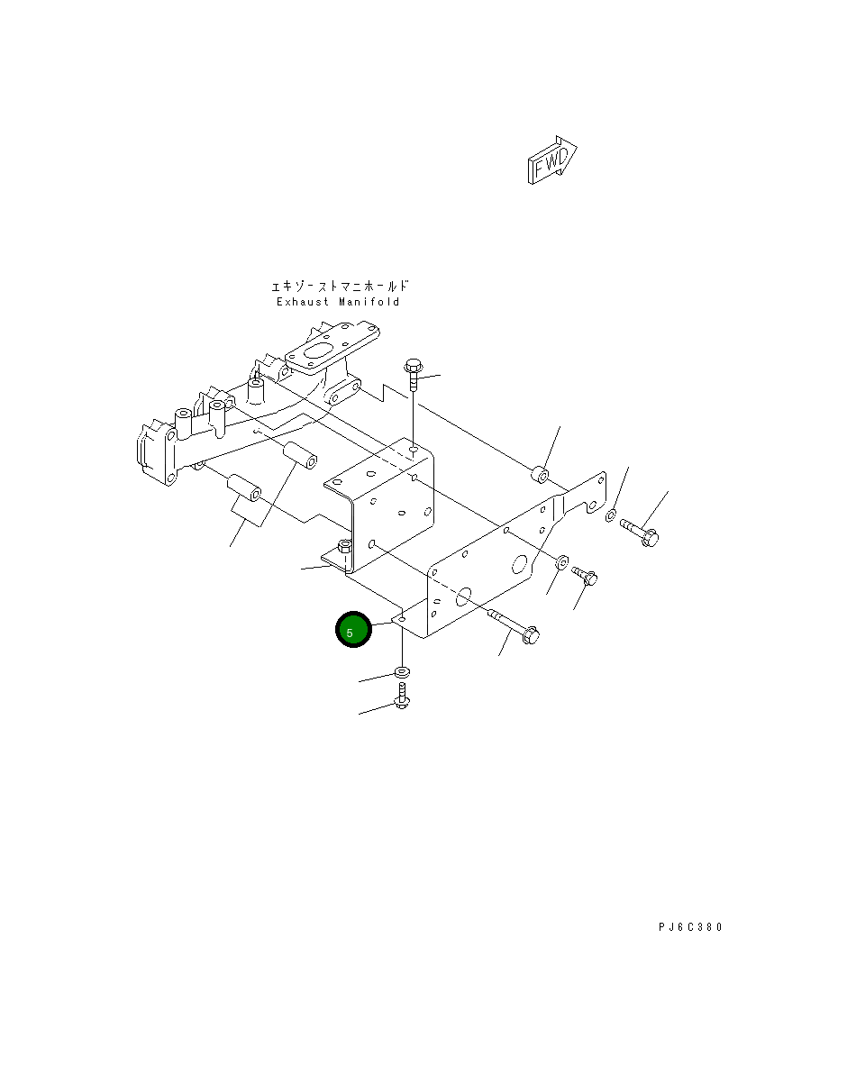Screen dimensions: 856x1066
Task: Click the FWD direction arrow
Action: coord(552,160)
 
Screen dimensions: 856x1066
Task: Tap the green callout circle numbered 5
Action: coord(353,630)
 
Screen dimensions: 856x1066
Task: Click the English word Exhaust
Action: coord(303,302)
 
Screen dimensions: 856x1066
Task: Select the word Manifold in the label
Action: coord(369,302)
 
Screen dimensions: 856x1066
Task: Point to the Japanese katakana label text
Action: coord(340,286)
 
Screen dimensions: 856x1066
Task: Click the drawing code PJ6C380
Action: coord(690,926)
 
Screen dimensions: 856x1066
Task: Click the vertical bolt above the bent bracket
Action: coord(413,375)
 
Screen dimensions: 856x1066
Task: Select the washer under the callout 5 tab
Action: coord(402,672)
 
